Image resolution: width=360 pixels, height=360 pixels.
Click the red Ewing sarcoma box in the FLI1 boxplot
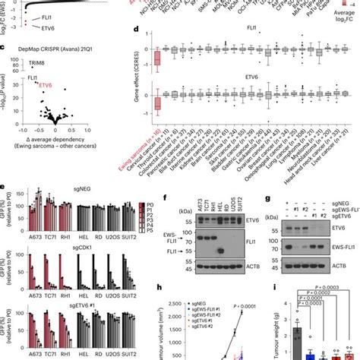pyautogui.click(x=157, y=58)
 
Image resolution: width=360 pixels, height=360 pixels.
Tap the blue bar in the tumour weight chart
pyautogui.click(x=311, y=353)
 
